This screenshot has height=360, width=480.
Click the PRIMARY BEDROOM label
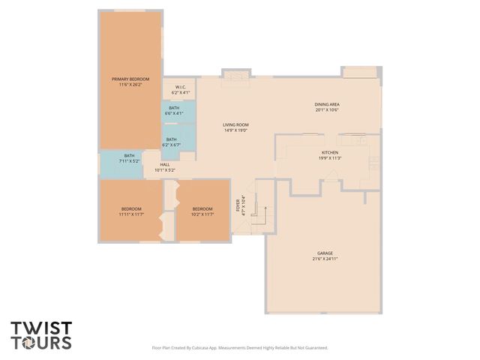click(x=130, y=79)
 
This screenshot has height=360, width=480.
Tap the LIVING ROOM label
click(x=235, y=124)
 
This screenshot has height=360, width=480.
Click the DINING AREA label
click(x=327, y=104)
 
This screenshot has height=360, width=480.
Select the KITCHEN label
click(x=331, y=152)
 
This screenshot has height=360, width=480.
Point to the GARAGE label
click(x=325, y=253)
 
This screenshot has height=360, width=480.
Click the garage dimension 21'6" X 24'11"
click(x=325, y=259)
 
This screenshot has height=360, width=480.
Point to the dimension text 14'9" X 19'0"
click(x=235, y=130)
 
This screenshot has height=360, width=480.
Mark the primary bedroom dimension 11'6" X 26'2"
click(x=130, y=85)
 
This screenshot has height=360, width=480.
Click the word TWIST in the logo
click(x=41, y=328)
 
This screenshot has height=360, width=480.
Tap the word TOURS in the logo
click(x=41, y=343)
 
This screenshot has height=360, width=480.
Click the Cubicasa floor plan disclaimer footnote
click(x=240, y=348)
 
